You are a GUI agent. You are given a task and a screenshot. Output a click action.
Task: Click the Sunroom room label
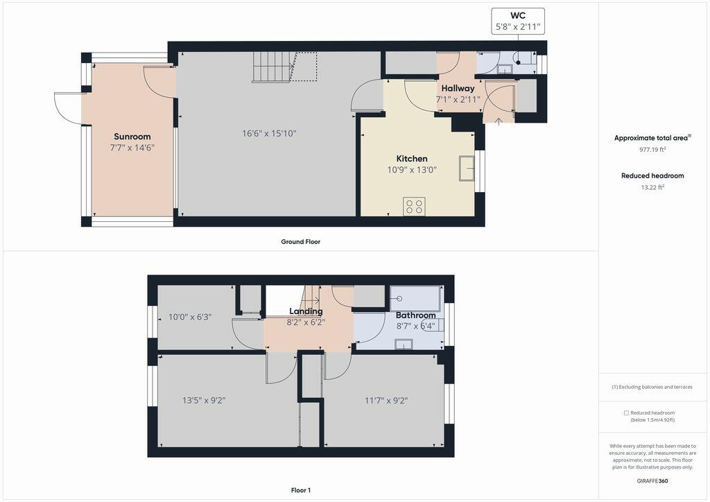click(132, 137)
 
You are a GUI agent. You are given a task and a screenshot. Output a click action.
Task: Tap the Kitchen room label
click(412, 158)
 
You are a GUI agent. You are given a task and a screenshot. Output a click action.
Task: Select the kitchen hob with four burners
click(414, 207)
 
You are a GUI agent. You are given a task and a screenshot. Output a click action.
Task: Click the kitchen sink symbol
click(467, 168)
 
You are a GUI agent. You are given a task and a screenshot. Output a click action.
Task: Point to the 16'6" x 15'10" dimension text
click(269, 134)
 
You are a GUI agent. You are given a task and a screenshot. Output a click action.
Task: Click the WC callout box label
click(518, 15)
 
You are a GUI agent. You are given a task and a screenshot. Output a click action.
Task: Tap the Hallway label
click(458, 88)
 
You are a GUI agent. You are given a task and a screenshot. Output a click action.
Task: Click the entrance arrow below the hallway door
click(499, 122)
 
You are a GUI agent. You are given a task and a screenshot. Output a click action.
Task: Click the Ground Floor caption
click(301, 242)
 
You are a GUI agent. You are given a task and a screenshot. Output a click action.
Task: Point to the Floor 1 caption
click(301, 490)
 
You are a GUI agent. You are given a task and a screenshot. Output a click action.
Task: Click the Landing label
click(306, 311)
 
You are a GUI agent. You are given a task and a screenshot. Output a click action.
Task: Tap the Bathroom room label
click(416, 315)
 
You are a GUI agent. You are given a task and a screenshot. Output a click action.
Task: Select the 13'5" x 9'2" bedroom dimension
click(204, 400)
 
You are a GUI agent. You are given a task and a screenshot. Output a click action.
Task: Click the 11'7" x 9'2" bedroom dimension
click(386, 400)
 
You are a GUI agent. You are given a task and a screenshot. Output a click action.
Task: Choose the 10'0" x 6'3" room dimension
click(190, 317)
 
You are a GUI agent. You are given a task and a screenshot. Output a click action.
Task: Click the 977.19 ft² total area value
click(652, 149)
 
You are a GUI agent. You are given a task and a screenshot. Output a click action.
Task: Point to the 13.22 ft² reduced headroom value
click(652, 187)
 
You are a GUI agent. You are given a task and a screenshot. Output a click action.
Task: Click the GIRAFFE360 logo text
click(652, 481)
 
